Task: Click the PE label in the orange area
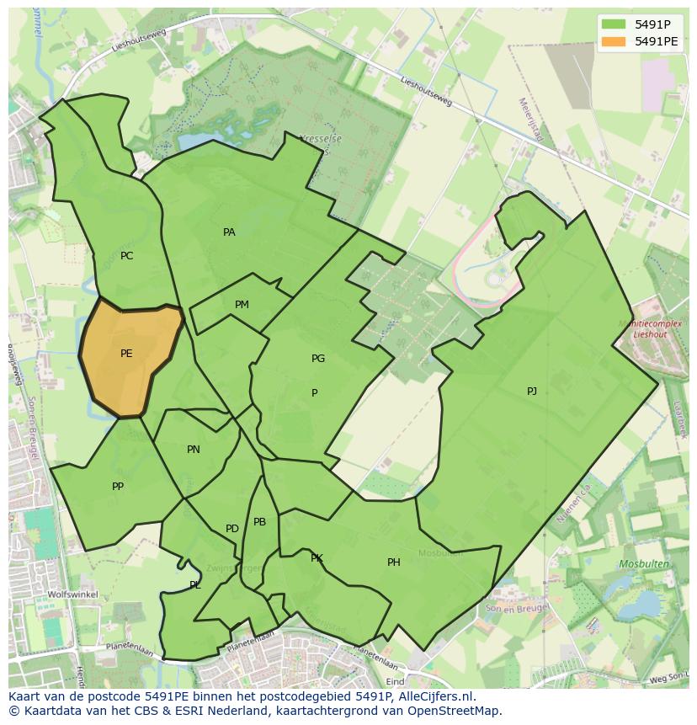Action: (x=126, y=354)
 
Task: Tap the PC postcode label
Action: (x=126, y=256)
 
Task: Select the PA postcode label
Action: (x=229, y=232)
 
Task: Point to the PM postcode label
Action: (x=242, y=305)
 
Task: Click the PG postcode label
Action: (x=318, y=359)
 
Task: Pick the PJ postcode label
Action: (x=532, y=392)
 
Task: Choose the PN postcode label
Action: (x=194, y=450)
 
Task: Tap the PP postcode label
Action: (x=118, y=487)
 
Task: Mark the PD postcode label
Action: (x=232, y=529)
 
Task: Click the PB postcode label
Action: (x=259, y=522)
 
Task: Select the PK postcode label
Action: (x=317, y=558)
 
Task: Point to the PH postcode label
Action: (x=394, y=562)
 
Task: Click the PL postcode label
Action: (x=195, y=585)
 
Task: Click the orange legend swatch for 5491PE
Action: (x=615, y=40)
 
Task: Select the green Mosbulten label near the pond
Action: (x=644, y=564)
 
